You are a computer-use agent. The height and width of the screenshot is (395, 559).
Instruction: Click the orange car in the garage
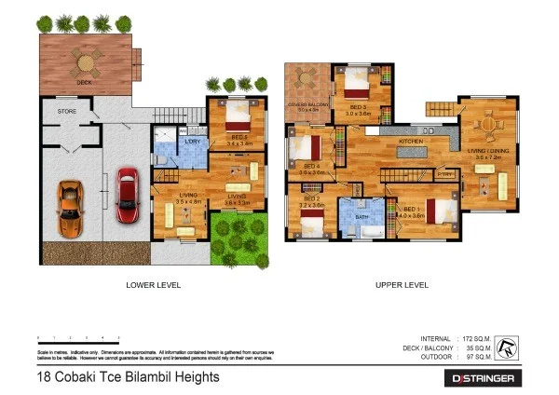click(71, 202)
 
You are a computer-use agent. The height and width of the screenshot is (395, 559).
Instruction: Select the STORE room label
click(66, 111)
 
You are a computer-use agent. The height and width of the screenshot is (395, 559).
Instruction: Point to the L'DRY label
click(193, 140)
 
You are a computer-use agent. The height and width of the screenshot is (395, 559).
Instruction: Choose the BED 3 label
click(238, 138)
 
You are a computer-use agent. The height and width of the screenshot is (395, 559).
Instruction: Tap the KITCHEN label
click(412, 141)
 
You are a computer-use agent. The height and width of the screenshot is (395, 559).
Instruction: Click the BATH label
click(363, 216)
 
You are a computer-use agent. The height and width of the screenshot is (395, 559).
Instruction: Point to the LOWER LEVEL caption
click(153, 284)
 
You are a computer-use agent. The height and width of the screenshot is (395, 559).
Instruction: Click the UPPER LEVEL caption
click(402, 284)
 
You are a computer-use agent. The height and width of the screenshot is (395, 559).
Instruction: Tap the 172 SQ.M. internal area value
click(477, 338)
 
